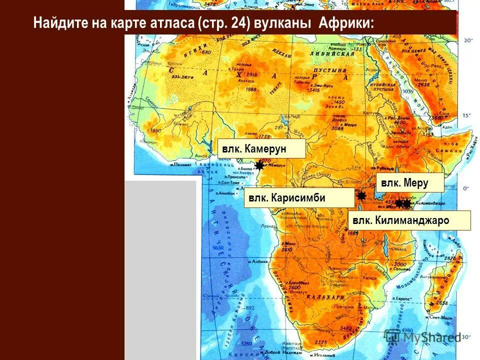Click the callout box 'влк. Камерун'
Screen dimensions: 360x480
[261, 148]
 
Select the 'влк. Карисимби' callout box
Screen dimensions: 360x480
[298, 198]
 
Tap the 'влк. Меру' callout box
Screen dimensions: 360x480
[409, 183]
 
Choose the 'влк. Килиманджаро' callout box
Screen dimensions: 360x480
[409, 220]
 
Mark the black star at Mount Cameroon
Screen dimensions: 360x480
[259, 165]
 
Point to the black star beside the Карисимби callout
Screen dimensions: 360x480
[361, 195]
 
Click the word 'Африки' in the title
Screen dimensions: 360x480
[345, 23]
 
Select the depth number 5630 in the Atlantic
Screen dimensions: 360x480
[218, 247]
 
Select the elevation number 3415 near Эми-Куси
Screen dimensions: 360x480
[313, 90]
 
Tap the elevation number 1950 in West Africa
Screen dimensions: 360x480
[155, 130]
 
